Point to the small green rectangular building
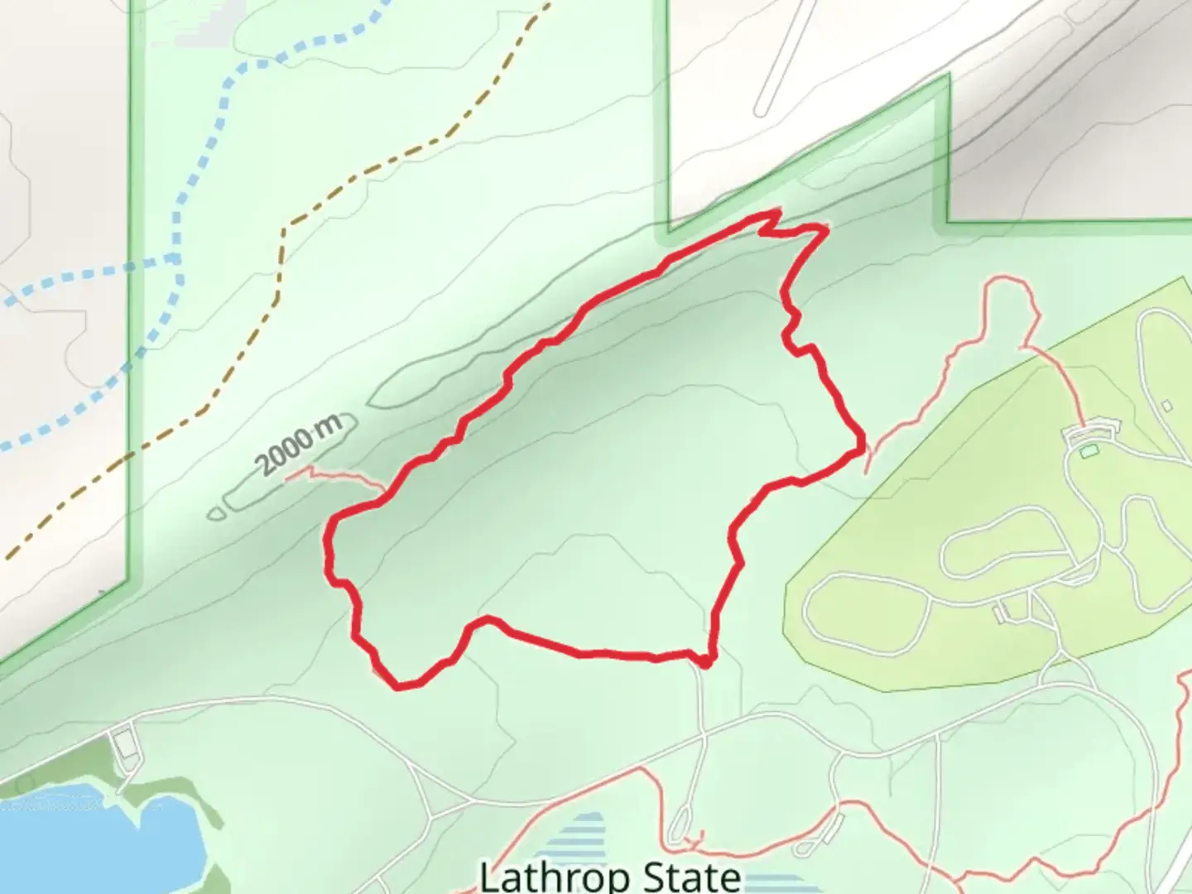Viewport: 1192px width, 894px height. pyautogui.click(x=1088, y=451)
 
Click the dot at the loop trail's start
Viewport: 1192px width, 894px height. pyautogui.click(x=704, y=661)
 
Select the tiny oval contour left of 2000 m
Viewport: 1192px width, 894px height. pyautogui.click(x=216, y=513)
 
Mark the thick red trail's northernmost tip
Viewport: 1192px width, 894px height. pyautogui.click(x=776, y=213)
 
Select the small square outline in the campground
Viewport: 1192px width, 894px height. pyautogui.click(x=1166, y=406)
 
